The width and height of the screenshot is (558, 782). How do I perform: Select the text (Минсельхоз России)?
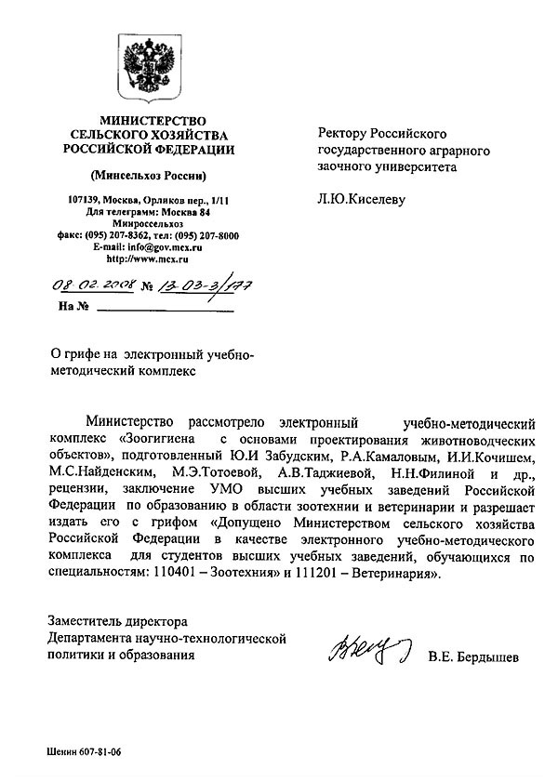[149, 176]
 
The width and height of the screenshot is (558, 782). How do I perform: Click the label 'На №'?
[73, 305]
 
